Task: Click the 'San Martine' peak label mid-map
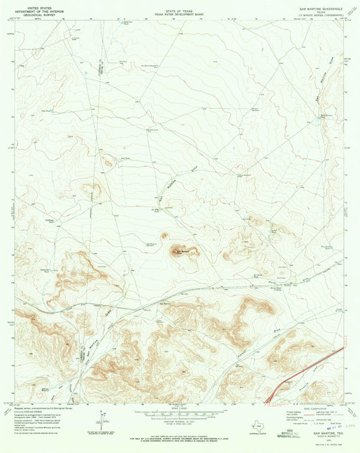coord(181,253)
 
